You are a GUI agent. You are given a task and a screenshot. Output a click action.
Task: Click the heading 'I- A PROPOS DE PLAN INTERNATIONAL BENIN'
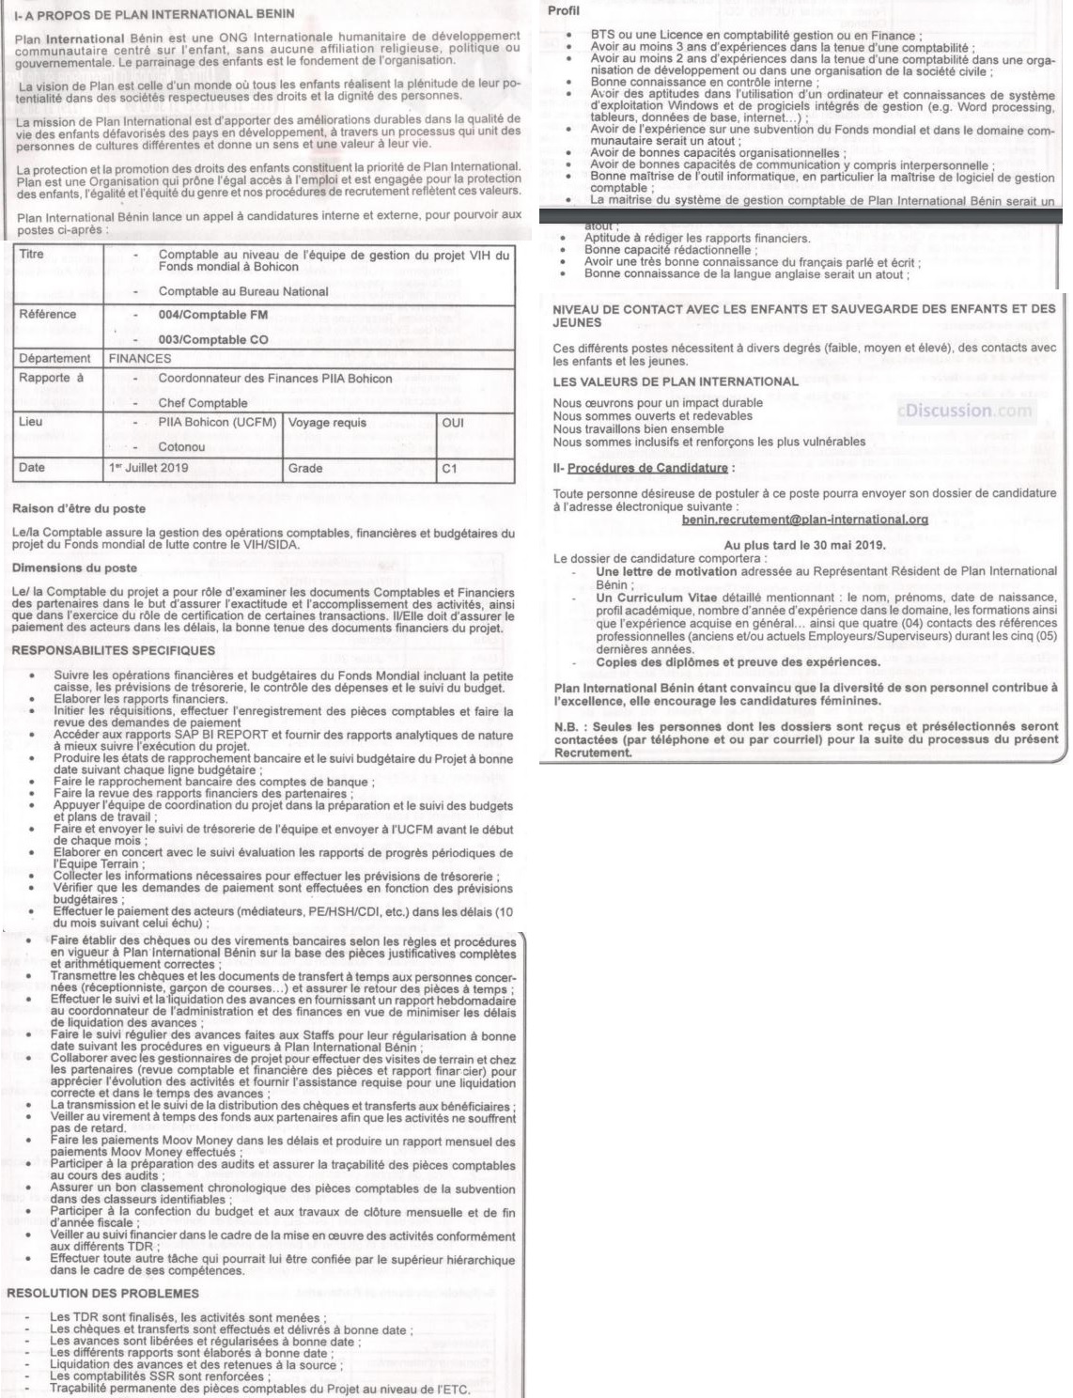pyautogui.click(x=154, y=14)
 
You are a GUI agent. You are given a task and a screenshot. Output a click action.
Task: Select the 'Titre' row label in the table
pyautogui.click(x=32, y=255)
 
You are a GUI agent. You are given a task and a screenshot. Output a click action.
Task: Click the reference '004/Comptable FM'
pyautogui.click(x=213, y=315)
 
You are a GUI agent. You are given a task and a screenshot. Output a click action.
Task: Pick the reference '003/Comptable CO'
pyautogui.click(x=213, y=339)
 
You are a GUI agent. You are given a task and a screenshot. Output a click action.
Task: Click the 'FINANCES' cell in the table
pyautogui.click(x=140, y=358)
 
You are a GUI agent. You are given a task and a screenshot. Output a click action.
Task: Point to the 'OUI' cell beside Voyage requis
pyautogui.click(x=453, y=423)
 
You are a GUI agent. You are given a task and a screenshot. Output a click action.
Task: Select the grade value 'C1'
pyautogui.click(x=449, y=468)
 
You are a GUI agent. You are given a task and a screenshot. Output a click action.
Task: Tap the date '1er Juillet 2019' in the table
pyautogui.click(x=148, y=468)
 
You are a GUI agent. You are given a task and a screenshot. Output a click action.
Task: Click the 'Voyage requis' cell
pyautogui.click(x=327, y=423)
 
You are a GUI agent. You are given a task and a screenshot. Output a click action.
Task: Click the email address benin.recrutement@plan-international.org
pyautogui.click(x=805, y=520)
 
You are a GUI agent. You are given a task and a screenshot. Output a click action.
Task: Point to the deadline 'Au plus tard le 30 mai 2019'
pyautogui.click(x=805, y=545)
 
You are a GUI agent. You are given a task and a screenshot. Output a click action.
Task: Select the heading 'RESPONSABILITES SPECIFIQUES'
pyautogui.click(x=114, y=650)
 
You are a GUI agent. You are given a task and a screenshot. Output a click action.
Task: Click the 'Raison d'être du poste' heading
pyautogui.click(x=79, y=509)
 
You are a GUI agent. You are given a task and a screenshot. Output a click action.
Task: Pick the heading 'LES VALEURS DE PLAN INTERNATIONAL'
pyautogui.click(x=676, y=381)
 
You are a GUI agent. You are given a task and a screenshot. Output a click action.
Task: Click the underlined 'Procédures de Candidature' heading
pyautogui.click(x=647, y=468)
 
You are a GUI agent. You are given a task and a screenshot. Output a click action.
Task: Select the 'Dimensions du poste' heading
pyautogui.click(x=74, y=568)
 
